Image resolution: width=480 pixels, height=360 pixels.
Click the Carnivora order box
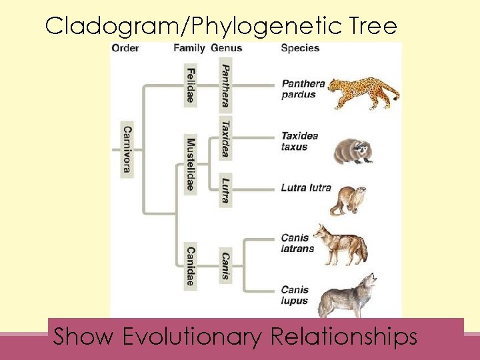pos(127,149)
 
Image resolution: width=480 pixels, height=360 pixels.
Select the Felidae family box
pos(191,85)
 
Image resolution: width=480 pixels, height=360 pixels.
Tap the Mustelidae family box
pos(191,164)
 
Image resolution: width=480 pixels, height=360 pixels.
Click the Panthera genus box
pos(226,85)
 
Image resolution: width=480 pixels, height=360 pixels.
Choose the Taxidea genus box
pos(226,139)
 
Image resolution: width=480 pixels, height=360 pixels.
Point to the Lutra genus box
pos(226,189)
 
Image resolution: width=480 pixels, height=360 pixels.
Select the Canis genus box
pos(226,266)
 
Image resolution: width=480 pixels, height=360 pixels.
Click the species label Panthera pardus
pos(302,89)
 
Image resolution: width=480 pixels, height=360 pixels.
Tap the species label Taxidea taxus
pos(299,141)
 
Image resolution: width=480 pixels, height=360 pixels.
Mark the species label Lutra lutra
pos(305,188)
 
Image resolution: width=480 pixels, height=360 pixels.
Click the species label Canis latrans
pos(297,243)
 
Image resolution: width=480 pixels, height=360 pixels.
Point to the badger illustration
pos(352,151)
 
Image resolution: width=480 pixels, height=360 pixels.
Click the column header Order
pos(125,48)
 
